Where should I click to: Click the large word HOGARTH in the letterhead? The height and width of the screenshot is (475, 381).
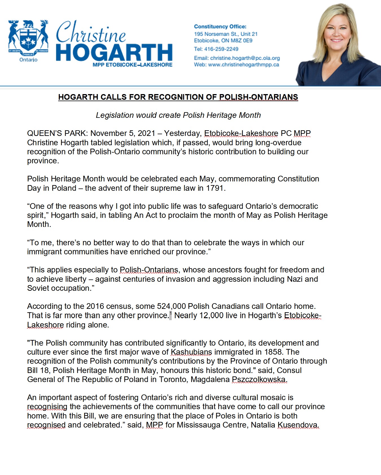pyautogui.click(x=114, y=53)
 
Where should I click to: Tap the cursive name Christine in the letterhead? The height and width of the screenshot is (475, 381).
pyautogui.click(x=91, y=32)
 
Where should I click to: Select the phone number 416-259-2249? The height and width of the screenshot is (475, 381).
pyautogui.click(x=221, y=49)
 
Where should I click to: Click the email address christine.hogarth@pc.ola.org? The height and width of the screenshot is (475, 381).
pyautogui.click(x=245, y=58)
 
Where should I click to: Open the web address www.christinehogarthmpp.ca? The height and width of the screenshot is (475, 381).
pyautogui.click(x=243, y=65)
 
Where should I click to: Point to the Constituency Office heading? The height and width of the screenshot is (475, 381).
pyautogui.click(x=220, y=27)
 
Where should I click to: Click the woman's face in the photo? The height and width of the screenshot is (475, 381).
pyautogui.click(x=338, y=31)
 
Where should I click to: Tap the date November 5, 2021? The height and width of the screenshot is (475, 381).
pyautogui.click(x=123, y=133)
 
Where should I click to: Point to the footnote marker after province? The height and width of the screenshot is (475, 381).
pyautogui.click(x=170, y=314)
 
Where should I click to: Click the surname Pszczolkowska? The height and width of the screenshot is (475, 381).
pyautogui.click(x=259, y=379)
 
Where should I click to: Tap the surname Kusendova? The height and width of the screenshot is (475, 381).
pyautogui.click(x=298, y=425)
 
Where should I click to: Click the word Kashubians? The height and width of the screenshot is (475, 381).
pyautogui.click(x=191, y=352)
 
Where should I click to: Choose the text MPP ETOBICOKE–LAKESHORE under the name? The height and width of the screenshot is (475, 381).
pyautogui.click(x=132, y=65)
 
